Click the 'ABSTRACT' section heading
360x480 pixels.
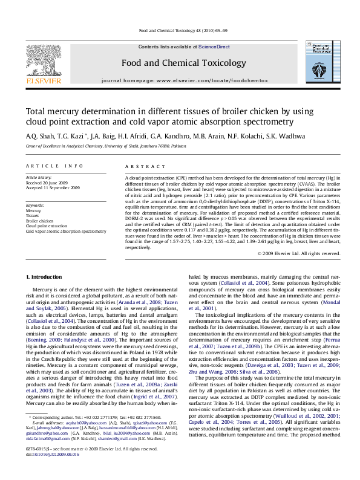(145, 166)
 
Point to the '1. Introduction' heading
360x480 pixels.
(45, 277)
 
